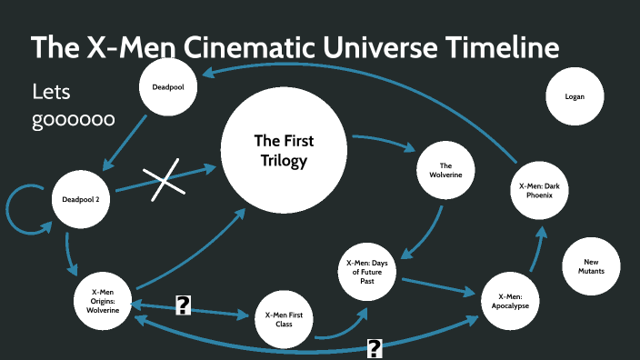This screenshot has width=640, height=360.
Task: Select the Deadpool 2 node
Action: click(x=86, y=199)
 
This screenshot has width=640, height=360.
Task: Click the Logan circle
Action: click(x=575, y=96)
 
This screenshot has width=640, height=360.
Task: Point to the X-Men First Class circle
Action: click(x=284, y=319)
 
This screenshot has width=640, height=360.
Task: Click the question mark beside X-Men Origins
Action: click(x=183, y=307)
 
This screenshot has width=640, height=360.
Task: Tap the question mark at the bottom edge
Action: click(x=374, y=347)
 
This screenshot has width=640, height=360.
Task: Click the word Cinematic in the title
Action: click(x=221, y=47)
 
